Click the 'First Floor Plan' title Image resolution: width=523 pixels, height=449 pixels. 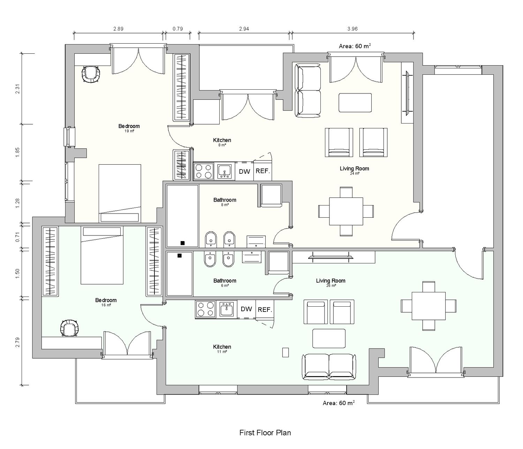click(265, 433)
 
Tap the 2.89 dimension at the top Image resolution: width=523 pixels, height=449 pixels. click(118, 29)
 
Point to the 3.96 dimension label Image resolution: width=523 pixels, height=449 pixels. click(352, 29)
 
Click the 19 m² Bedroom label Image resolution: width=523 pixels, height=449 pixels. click(129, 128)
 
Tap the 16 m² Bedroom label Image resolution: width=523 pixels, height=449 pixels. click(106, 302)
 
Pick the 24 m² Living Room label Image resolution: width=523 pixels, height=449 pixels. click(354, 171)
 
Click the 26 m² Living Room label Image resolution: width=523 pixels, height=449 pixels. click(331, 283)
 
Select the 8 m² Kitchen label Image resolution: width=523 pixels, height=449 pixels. click(222, 142)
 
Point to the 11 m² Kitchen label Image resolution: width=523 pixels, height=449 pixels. click(222, 349)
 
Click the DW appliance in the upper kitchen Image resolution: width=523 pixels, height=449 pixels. click(244, 171)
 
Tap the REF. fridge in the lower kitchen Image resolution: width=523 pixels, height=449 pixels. click(265, 309)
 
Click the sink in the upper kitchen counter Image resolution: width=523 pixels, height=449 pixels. click(225, 171)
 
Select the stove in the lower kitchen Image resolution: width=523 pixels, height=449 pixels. click(205, 309)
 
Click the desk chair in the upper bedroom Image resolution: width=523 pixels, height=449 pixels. click(91, 74)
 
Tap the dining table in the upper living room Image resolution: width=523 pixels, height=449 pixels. click(346, 211)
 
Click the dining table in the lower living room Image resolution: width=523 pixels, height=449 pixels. click(429, 306)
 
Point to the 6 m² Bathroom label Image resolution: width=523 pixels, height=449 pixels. click(225, 283)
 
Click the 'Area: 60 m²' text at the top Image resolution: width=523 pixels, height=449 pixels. click(355, 46)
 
